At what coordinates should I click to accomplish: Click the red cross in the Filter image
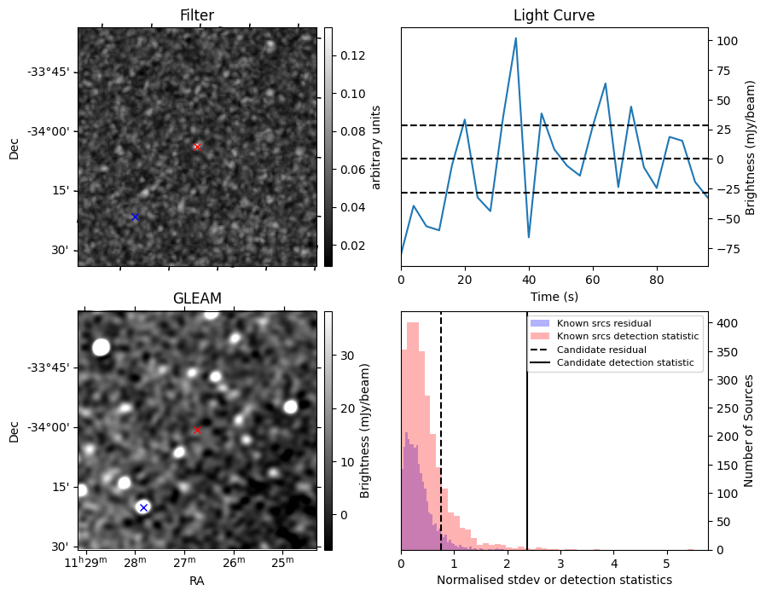(x=197, y=147)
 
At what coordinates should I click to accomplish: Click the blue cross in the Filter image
(x=135, y=217)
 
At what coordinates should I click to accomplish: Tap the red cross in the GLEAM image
(x=197, y=430)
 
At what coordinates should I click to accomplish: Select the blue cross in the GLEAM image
(x=143, y=507)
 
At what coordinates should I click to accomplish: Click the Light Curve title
(x=554, y=15)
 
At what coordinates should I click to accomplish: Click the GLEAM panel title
(x=197, y=298)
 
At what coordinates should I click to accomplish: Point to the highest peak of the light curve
(x=516, y=38)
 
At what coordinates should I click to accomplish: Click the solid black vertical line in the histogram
(x=527, y=443)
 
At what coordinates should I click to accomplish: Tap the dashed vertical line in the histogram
(x=441, y=443)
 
